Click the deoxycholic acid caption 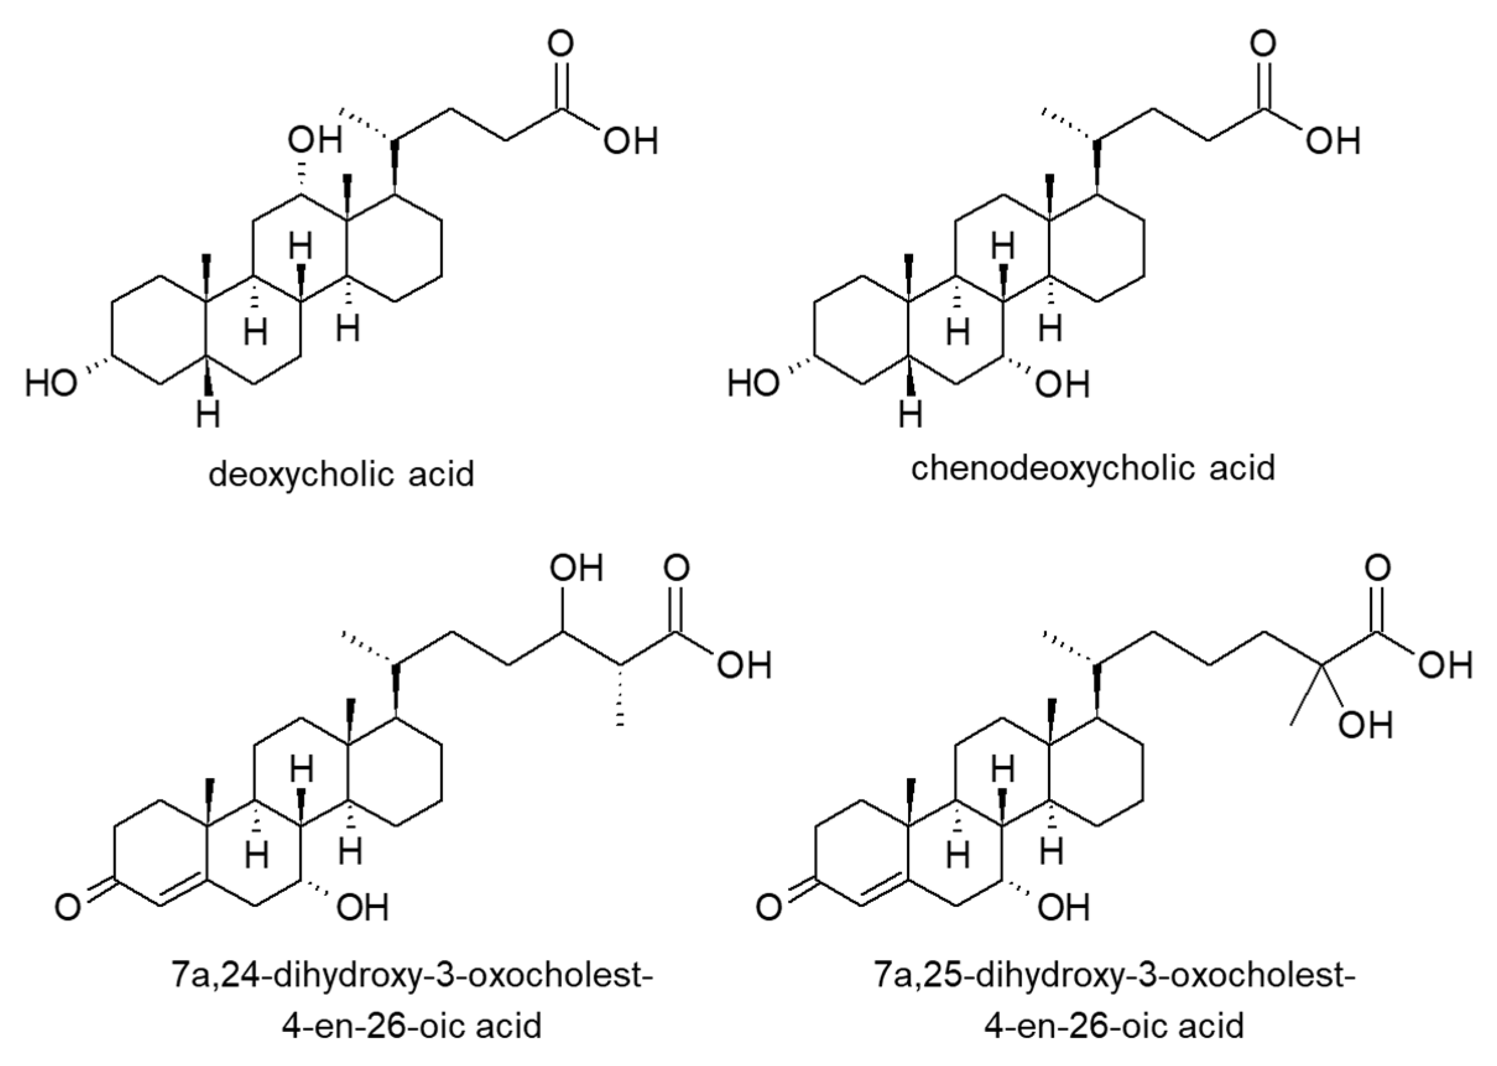(340, 474)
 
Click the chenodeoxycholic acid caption (1093, 469)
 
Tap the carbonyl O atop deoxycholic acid (560, 44)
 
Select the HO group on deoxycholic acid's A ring (51, 383)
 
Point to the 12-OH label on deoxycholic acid (315, 140)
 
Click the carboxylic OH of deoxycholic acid (630, 141)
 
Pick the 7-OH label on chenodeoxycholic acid (1062, 384)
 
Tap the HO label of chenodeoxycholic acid (753, 383)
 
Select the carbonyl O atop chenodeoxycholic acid (1262, 44)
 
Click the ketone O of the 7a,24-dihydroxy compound (68, 907)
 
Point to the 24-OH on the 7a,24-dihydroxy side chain (576, 568)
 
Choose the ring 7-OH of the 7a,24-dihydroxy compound (362, 908)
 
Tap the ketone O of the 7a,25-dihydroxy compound (770, 907)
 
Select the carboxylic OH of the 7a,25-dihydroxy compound (1445, 665)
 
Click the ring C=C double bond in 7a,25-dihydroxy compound (886, 886)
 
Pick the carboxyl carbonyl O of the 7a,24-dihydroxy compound (676, 568)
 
